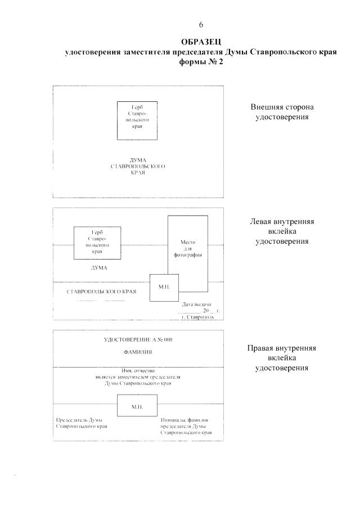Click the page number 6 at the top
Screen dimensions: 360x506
pyautogui.click(x=201, y=25)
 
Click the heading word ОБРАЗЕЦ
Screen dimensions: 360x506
pyautogui.click(x=201, y=42)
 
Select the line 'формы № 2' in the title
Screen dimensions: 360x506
pyautogui.click(x=201, y=62)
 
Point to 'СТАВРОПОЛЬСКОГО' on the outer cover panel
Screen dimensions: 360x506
pyautogui.click(x=138, y=167)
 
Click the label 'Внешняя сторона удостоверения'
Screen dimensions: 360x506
pyautogui.click(x=282, y=111)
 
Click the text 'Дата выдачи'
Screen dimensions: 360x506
pyautogui.click(x=196, y=305)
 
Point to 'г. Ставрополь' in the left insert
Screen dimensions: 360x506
pyautogui.click(x=198, y=317)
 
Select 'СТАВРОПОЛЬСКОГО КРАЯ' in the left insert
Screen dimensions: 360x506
pyautogui.click(x=101, y=292)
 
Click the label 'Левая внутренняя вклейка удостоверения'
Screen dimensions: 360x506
pyautogui.click(x=282, y=231)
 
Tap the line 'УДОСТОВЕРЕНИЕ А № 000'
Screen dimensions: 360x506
pyautogui.click(x=138, y=339)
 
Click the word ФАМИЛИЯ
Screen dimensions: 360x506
pyautogui.click(x=138, y=352)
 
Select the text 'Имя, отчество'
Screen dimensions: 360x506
pyautogui.click(x=138, y=371)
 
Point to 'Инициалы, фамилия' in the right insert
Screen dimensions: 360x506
pyautogui.click(x=184, y=420)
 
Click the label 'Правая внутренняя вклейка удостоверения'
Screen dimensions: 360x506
pyautogui.click(x=282, y=358)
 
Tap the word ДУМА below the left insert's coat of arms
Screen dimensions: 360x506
pyautogui.click(x=99, y=268)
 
